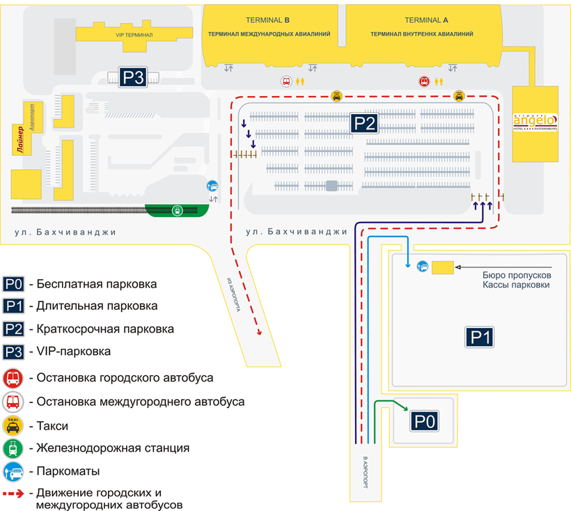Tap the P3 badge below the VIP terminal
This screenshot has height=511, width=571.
point(132,78)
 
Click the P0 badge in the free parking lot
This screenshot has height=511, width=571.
point(425,421)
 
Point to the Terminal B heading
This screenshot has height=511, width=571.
point(267,20)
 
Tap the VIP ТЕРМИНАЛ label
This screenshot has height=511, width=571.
point(134,33)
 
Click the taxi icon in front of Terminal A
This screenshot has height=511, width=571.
point(460,96)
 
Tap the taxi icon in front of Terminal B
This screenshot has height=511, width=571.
point(336,96)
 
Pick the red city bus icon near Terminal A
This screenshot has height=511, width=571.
point(424,81)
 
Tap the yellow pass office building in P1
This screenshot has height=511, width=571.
point(443,267)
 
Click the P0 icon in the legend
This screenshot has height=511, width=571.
point(14,284)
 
